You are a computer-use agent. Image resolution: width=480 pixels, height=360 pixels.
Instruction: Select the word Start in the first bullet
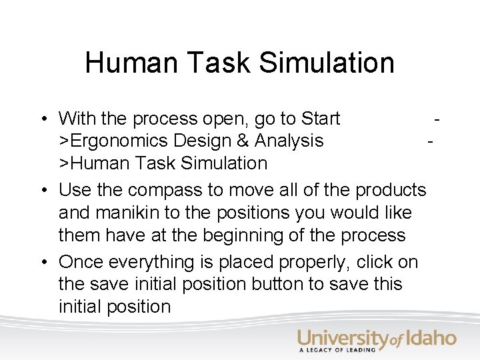(x=321, y=119)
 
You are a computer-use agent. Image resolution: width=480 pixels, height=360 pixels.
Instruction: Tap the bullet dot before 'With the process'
(x=42, y=119)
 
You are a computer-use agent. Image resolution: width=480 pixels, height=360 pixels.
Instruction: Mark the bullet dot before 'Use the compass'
(x=42, y=191)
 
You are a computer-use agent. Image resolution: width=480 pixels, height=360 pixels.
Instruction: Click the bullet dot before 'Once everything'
(x=42, y=263)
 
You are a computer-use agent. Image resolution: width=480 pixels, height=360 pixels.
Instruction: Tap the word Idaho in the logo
(x=431, y=337)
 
